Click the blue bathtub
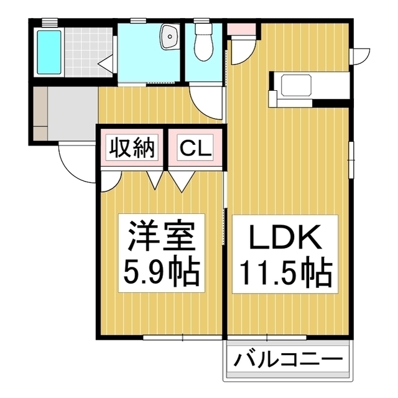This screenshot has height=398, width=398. coord(49,50)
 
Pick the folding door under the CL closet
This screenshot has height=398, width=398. coord(185,180)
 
